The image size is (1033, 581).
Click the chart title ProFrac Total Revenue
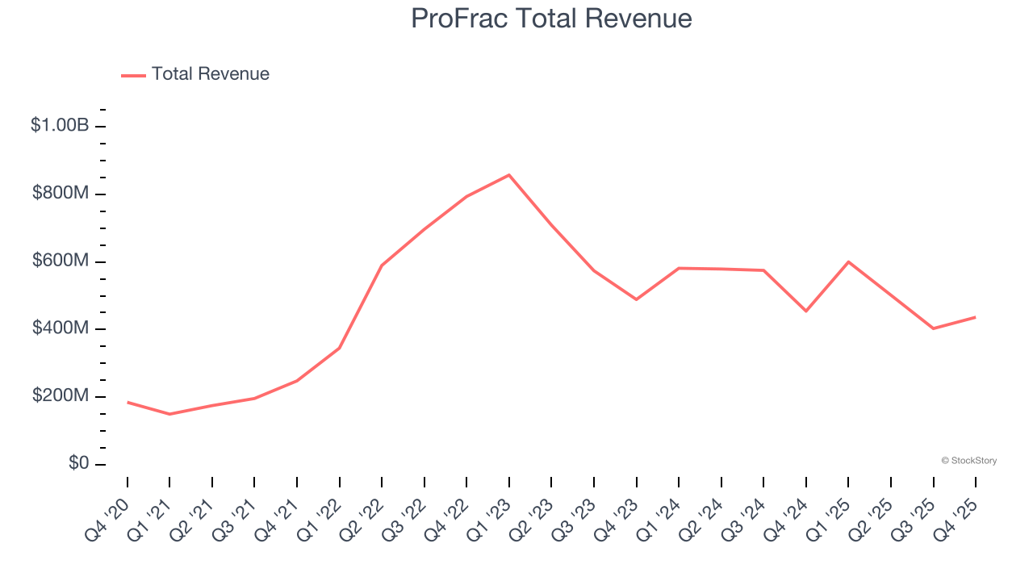pos(551,19)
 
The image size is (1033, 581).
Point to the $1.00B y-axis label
pos(60,126)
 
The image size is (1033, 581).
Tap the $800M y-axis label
pos(60,194)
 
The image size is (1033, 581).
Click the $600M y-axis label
pos(60,261)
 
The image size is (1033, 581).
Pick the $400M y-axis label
pos(60,328)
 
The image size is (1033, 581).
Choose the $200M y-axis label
pos(60,396)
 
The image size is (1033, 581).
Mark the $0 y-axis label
pos(79,464)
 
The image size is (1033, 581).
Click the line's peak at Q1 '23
pos(509,174)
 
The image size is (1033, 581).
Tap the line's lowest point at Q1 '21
pos(169,414)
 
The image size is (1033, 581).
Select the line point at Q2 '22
pos(382,265)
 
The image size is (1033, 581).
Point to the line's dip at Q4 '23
pos(637,299)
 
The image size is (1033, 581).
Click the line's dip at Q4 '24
pos(806,311)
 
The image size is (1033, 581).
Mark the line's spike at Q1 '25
pos(848,261)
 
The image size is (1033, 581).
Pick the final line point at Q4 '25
pos(975,317)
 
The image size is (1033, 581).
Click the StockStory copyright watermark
pos(968,461)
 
